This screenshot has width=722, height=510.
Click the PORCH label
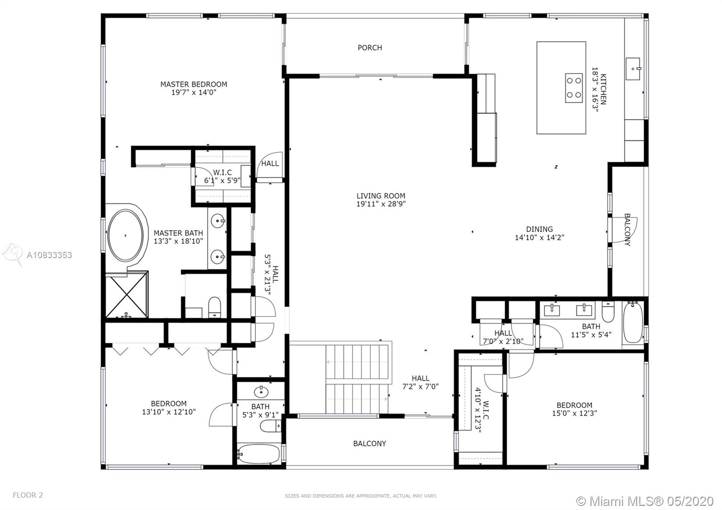point(370,48)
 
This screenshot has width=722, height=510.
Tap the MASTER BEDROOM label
point(194,84)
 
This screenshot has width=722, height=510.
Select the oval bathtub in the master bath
point(125,235)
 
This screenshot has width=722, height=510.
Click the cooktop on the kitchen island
point(574,88)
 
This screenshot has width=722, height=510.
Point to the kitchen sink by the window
point(633,69)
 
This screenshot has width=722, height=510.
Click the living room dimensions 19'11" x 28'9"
point(381,204)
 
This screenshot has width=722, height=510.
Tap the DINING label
point(540,229)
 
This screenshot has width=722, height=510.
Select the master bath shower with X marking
point(127,295)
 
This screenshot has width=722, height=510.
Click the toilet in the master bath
point(215,307)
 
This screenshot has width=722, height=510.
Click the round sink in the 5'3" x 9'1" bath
point(261,392)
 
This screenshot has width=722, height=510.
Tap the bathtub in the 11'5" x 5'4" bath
point(633,323)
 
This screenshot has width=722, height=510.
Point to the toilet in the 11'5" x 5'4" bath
point(608,312)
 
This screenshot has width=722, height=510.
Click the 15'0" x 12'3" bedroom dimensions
point(575,413)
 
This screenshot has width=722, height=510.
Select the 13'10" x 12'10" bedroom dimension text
point(169,412)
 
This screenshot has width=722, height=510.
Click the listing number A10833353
point(49,255)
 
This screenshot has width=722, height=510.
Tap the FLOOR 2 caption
point(28,495)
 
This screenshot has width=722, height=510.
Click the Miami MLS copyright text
point(645,501)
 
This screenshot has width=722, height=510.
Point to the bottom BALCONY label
point(370,444)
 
